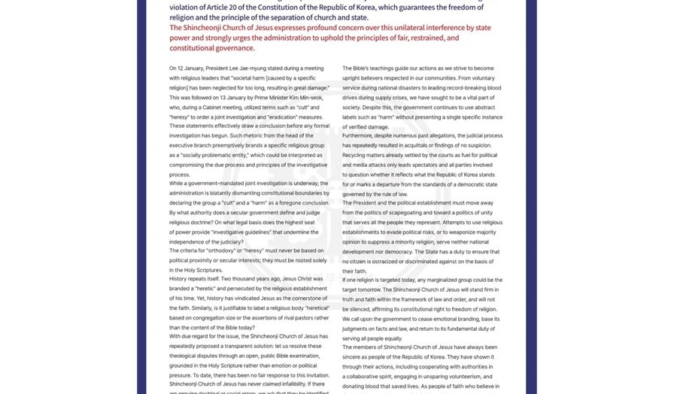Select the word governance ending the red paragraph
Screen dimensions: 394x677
[234, 48]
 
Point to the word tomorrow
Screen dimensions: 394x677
[375, 289]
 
